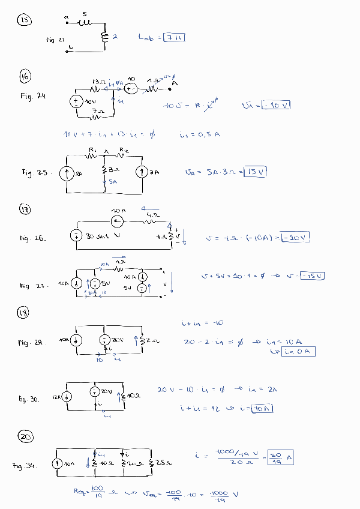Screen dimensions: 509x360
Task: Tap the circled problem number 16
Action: [25, 77]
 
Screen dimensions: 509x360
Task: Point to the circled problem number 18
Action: [25, 313]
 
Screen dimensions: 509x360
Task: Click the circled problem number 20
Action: [26, 437]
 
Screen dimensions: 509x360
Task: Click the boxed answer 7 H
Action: [174, 37]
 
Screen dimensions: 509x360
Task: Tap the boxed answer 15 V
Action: [255, 172]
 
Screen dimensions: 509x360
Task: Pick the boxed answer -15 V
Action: [312, 276]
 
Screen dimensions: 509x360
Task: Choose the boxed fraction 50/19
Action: [280, 458]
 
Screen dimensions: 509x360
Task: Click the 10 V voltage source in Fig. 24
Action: [76, 101]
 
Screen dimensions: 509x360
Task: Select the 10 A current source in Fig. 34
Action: [58, 464]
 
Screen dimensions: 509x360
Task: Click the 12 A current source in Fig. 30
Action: [67, 397]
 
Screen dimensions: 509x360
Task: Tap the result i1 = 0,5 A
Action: [200, 134]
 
